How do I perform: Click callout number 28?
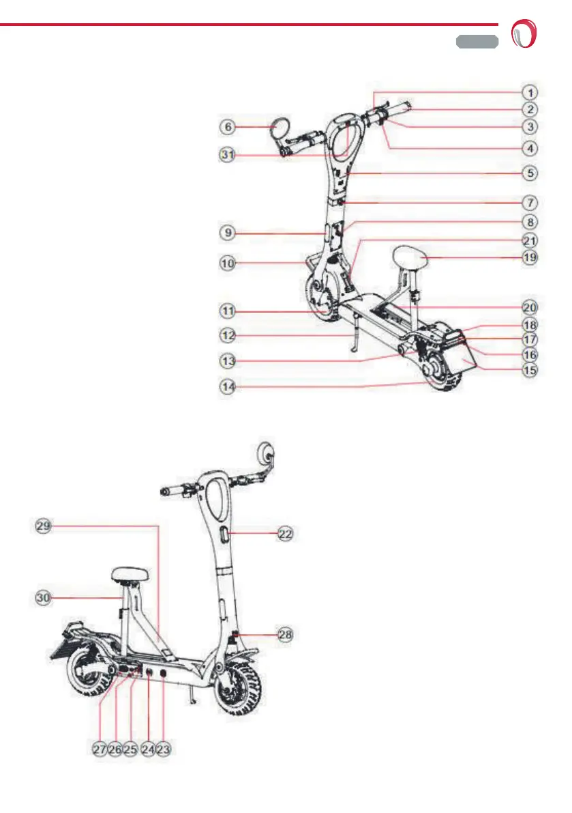click(286, 634)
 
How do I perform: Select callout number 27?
click(100, 749)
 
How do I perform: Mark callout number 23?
click(163, 749)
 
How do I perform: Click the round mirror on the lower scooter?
click(266, 453)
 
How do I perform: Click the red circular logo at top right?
click(526, 33)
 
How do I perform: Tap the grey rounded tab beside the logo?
click(477, 42)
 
